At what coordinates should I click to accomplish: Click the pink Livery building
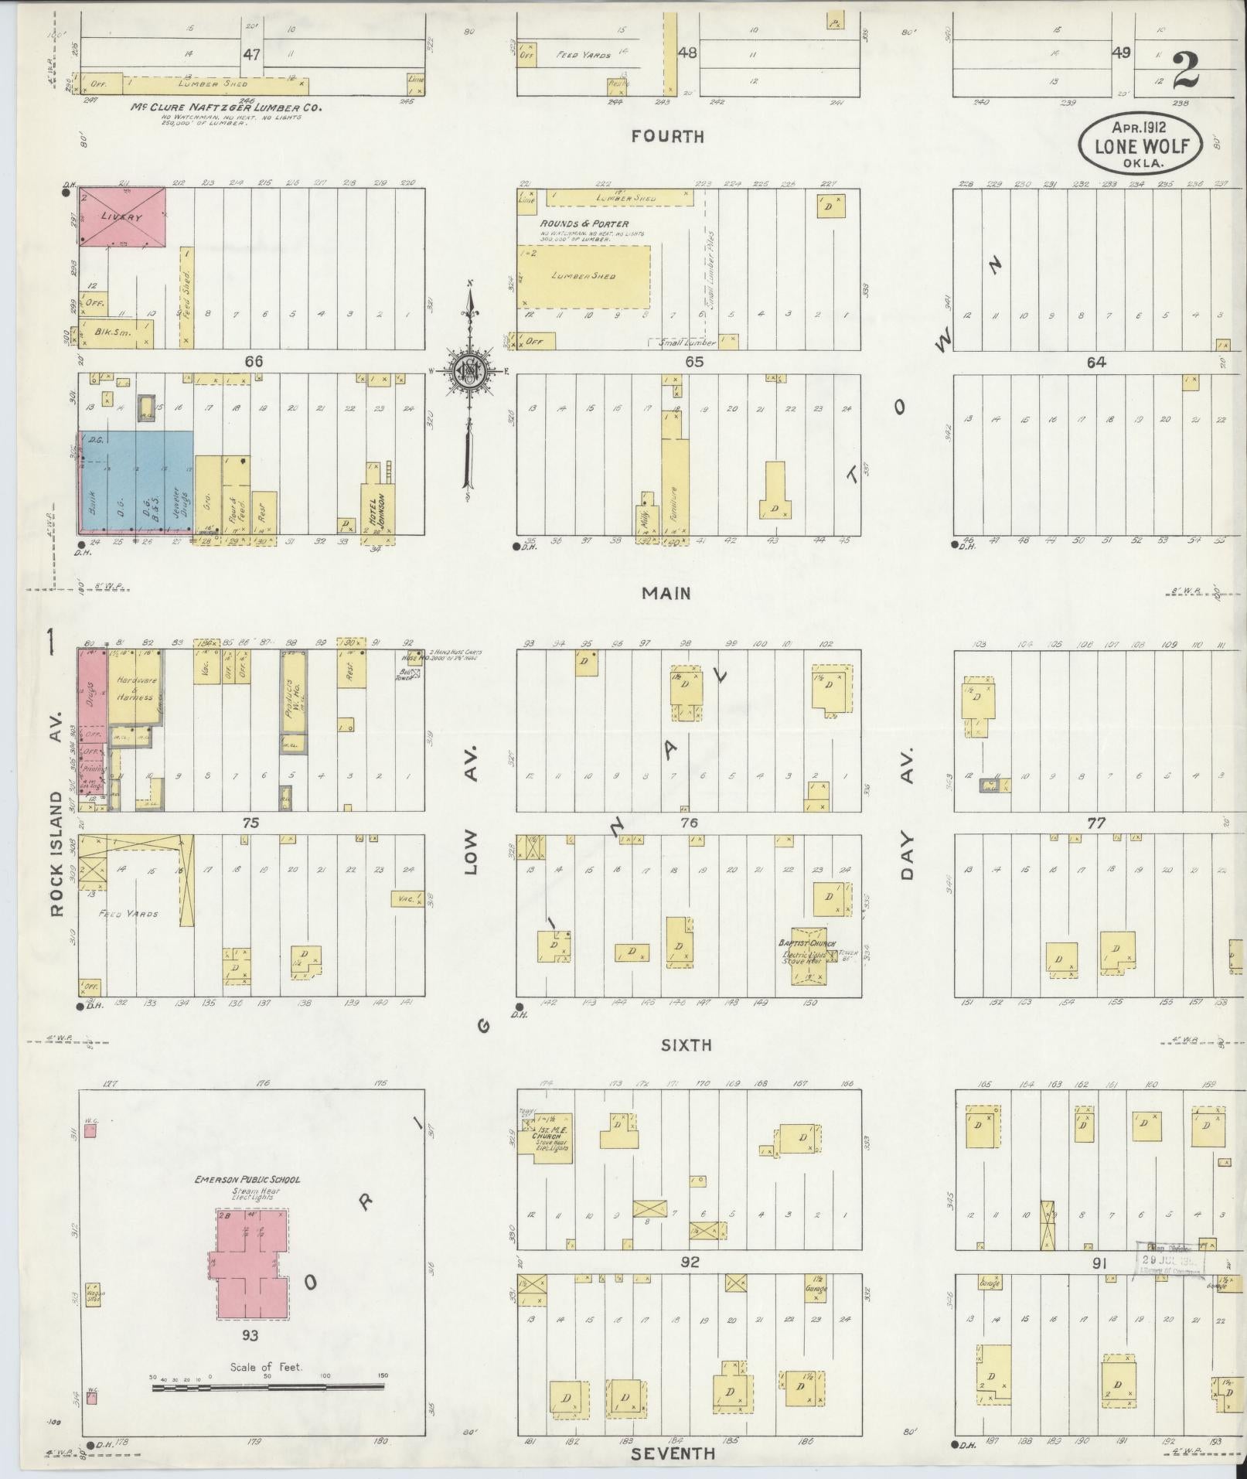[x=123, y=217]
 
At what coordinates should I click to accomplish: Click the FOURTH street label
[x=668, y=137]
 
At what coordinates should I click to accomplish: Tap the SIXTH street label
[x=686, y=1045]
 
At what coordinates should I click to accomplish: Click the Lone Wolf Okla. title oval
[x=1141, y=145]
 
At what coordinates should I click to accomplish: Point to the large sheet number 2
[x=1185, y=72]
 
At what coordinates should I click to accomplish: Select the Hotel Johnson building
[x=377, y=507]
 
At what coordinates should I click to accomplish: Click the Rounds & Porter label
[x=584, y=223]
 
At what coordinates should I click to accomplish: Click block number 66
[x=254, y=362]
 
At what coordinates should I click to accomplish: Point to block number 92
[x=689, y=1262]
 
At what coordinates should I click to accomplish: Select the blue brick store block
[x=135, y=481]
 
